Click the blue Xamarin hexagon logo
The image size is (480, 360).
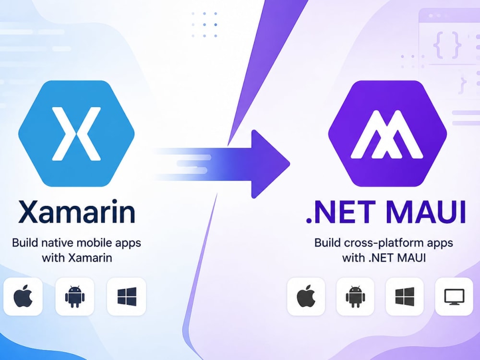pos(76,133)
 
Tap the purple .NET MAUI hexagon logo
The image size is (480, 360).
pos(387,133)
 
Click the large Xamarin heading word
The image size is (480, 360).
pos(76,212)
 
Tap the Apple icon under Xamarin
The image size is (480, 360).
pos(23,296)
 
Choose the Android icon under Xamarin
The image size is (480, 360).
pos(75,296)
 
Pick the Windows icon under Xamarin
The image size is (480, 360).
pos(127,296)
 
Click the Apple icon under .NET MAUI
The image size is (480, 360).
pos(306,296)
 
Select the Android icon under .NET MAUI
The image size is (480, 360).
pos(355,296)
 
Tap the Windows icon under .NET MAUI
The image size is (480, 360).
pos(405,296)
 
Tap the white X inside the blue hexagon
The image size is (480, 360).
pos(76,134)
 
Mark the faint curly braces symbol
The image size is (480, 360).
pos(447,45)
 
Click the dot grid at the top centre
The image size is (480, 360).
pos(204,24)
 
